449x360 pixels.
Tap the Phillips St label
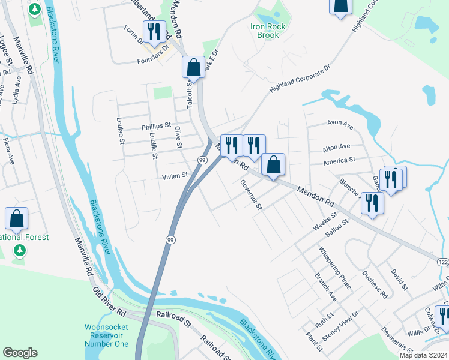tap(157, 127)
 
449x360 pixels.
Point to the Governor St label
tap(252, 194)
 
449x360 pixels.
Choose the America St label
tap(340, 161)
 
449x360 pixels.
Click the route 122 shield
tap(443, 262)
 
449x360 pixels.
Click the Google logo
tap(20, 353)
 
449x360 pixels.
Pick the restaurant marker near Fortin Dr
tap(154, 31)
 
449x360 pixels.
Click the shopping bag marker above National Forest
tap(16, 218)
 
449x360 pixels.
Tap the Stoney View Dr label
tap(340, 326)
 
